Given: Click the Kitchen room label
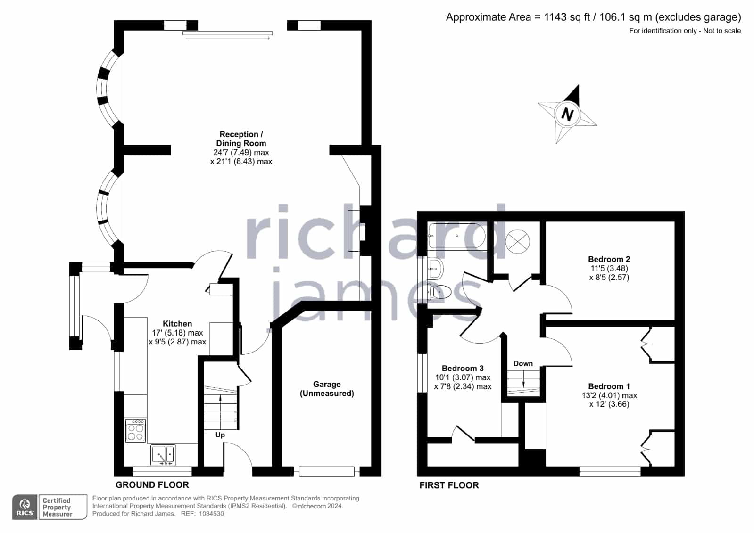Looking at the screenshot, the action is pyautogui.click(x=177, y=324).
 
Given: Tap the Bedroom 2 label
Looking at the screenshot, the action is pyautogui.click(x=609, y=259).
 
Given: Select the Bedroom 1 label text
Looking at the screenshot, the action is pyautogui.click(x=609, y=386).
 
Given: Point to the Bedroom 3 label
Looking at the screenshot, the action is pyautogui.click(x=463, y=368).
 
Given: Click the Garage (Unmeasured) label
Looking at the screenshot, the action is pyautogui.click(x=327, y=389).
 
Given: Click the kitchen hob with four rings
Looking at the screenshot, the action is pyautogui.click(x=136, y=430).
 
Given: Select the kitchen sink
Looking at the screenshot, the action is pyautogui.click(x=163, y=455).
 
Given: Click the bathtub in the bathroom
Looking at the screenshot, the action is pyautogui.click(x=457, y=236).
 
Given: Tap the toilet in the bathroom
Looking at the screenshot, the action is pyautogui.click(x=439, y=292).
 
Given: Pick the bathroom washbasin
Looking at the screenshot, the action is pyautogui.click(x=436, y=269).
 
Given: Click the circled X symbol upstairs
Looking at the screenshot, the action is pyautogui.click(x=517, y=242).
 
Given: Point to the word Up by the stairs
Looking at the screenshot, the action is pyautogui.click(x=220, y=435).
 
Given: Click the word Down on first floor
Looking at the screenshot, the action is pyautogui.click(x=523, y=363).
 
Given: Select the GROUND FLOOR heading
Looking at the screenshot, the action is pyautogui.click(x=152, y=485).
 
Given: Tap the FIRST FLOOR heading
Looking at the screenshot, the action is pyautogui.click(x=449, y=485).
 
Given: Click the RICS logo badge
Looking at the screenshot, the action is pyautogui.click(x=25, y=507).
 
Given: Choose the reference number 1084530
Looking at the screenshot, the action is pyautogui.click(x=211, y=514).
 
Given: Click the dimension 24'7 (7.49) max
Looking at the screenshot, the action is pyautogui.click(x=241, y=152).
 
